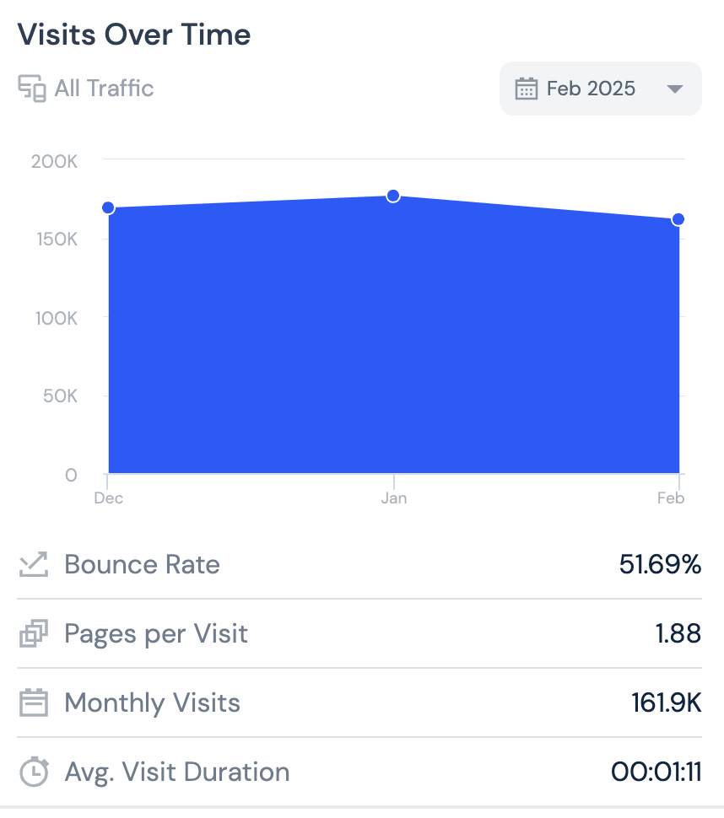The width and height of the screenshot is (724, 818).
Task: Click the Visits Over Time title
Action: [x=134, y=35]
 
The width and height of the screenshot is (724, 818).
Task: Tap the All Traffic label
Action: [x=104, y=89]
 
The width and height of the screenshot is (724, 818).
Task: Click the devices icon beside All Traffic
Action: [x=32, y=89]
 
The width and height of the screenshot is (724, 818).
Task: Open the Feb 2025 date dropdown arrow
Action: [x=674, y=89]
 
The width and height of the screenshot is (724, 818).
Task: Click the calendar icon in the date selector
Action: [x=527, y=89]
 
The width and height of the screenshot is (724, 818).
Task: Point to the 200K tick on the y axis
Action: [x=55, y=161]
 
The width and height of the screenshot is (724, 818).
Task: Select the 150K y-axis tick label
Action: [x=55, y=239]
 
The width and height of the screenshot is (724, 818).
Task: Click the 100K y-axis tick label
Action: [x=55, y=318]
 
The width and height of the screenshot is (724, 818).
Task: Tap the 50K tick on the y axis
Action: [x=59, y=396]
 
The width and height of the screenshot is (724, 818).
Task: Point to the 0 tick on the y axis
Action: [x=70, y=475]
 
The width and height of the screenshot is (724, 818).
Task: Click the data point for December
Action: [x=108, y=208]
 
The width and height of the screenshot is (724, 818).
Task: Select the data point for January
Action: [x=393, y=196]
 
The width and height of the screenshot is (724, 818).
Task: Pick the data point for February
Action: [x=678, y=219]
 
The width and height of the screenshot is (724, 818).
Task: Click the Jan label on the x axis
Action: [x=393, y=498]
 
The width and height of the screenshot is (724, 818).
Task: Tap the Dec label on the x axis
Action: [x=109, y=498]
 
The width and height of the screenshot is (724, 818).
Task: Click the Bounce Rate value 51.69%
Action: [x=660, y=564]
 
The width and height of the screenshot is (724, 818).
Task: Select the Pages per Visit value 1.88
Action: [x=678, y=633]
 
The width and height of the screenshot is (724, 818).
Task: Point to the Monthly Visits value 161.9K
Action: [x=666, y=702]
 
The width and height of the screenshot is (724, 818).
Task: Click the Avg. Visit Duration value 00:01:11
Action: [x=656, y=772]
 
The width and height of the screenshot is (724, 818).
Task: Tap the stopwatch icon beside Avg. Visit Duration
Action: [x=34, y=772]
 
